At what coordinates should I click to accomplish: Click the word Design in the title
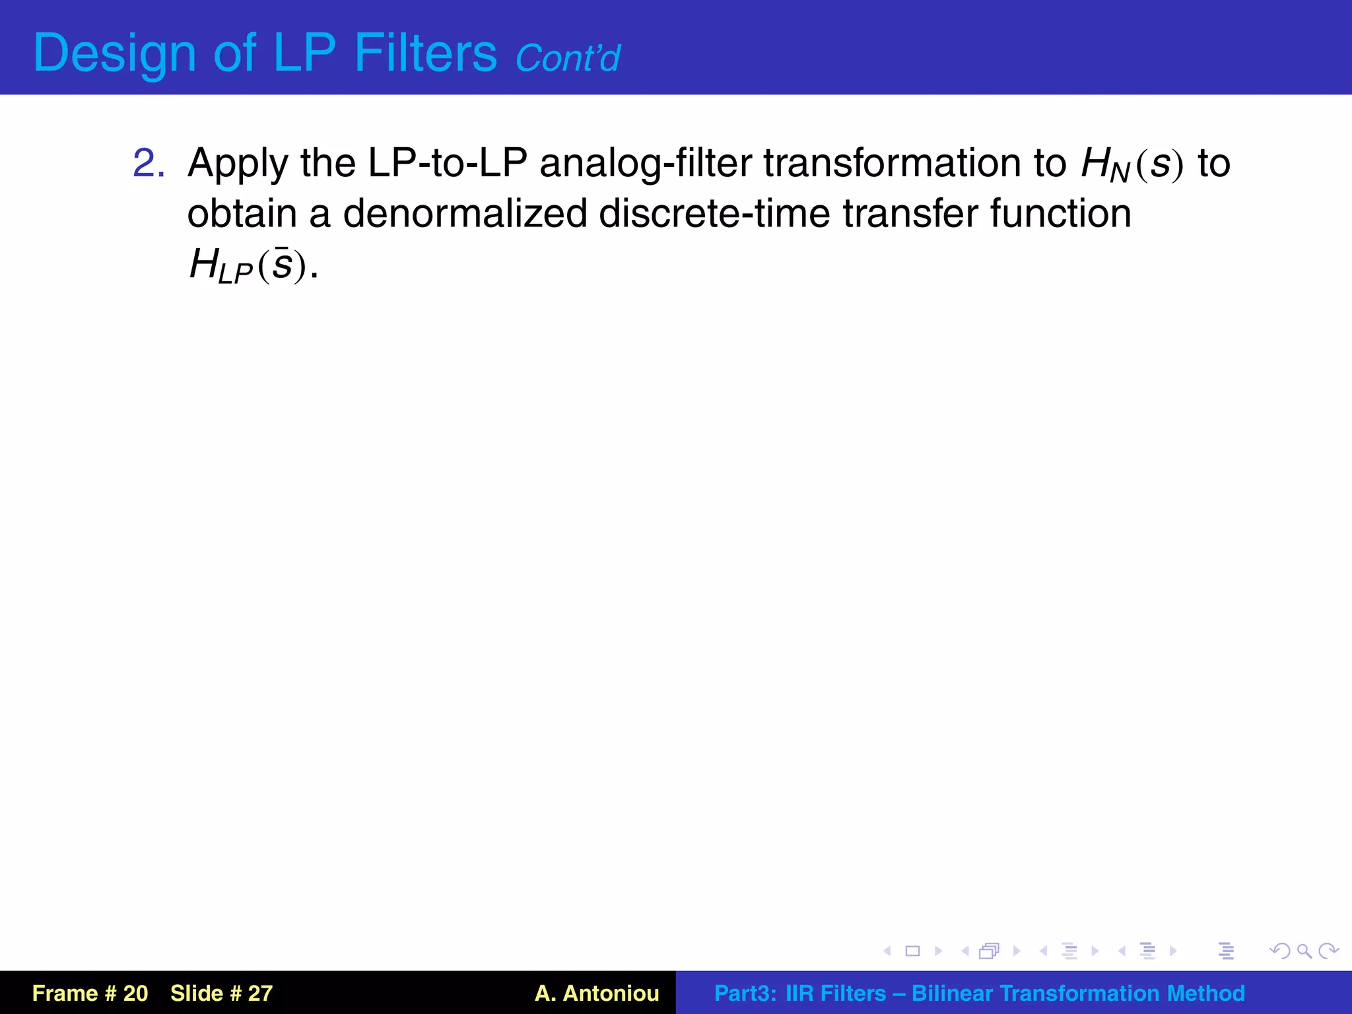tap(114, 53)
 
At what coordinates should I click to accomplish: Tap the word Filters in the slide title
tap(425, 53)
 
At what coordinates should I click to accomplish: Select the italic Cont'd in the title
tap(567, 58)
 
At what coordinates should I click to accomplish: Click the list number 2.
tap(149, 163)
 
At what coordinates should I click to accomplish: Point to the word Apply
tap(238, 163)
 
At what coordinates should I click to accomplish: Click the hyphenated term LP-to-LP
tap(447, 163)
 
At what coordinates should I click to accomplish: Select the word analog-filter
tap(645, 163)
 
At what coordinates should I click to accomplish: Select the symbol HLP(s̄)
tap(248, 265)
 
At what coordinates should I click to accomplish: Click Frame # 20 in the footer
tap(90, 993)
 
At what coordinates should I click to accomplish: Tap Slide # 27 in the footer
tap(221, 993)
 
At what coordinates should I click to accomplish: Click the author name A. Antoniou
tap(597, 993)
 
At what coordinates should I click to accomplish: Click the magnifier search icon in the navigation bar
tap(1304, 951)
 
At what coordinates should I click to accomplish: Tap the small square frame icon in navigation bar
tap(912, 951)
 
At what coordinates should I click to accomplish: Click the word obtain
tap(242, 214)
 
